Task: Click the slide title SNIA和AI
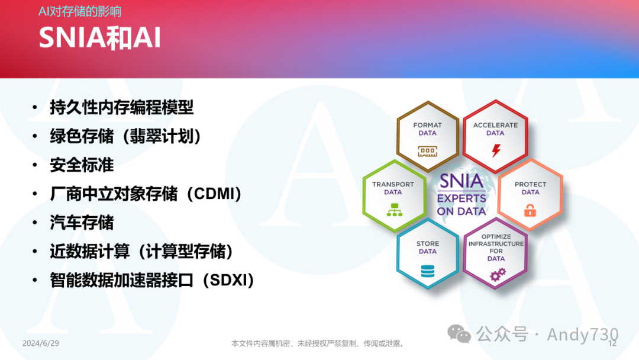100,38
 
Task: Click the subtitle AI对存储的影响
80,11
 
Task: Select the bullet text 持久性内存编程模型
121,108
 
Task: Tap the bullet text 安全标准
82,165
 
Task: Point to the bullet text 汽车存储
82,223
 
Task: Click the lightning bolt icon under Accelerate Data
496,150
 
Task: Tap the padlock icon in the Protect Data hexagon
530,210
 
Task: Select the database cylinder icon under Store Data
428,271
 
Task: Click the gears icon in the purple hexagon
498,274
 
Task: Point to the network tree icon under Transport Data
394,210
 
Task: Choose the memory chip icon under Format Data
428,151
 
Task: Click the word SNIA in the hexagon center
461,181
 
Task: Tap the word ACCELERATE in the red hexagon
495,125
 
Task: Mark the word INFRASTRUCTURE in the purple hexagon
496,244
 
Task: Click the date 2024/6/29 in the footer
41,343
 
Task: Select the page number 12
612,343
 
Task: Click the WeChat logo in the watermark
459,334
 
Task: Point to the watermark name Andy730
583,335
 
